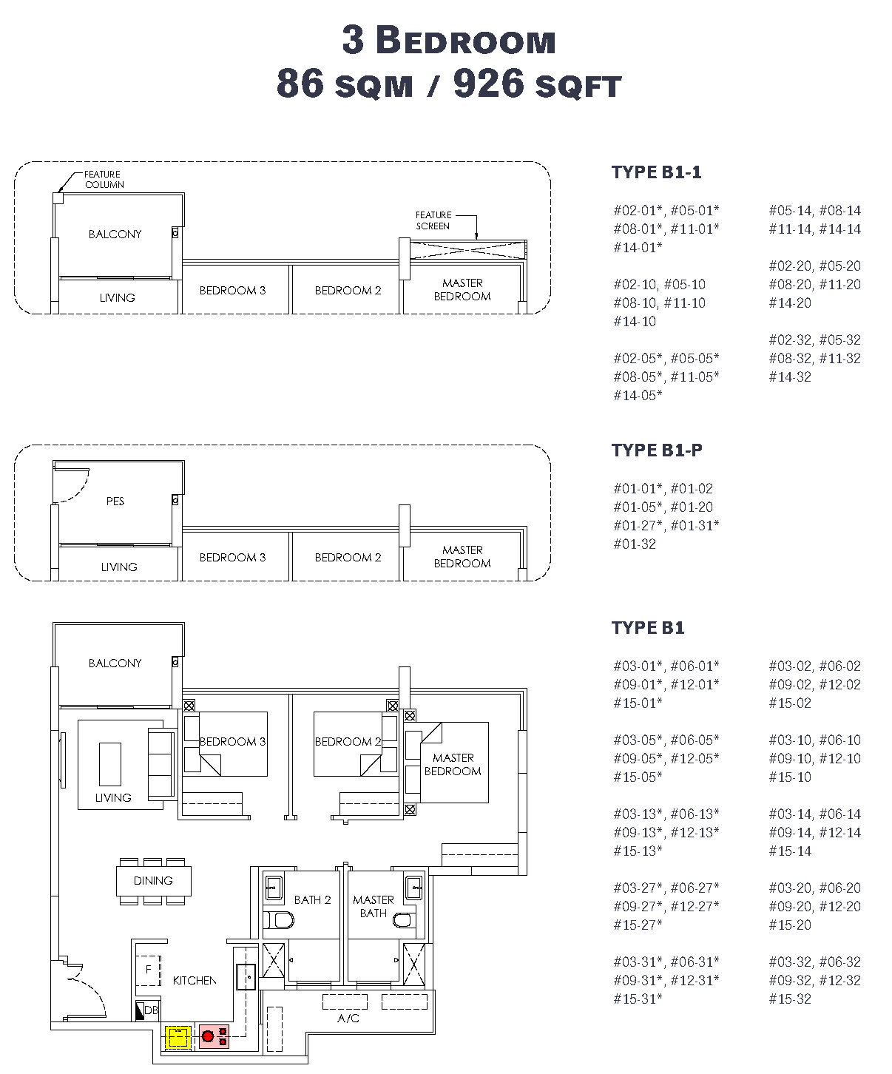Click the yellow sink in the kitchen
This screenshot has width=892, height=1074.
coord(178,1037)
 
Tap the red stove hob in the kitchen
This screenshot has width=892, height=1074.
coord(214,1037)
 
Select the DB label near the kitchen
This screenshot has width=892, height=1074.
coord(151,1010)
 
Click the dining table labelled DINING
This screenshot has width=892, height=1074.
coord(153,881)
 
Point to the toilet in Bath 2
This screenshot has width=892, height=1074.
coord(280,919)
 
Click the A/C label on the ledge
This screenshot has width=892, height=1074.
coord(348,1018)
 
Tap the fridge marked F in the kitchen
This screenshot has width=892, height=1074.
coord(148,970)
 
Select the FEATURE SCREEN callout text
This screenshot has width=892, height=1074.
coord(433,220)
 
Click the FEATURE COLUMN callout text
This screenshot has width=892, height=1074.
coord(104,180)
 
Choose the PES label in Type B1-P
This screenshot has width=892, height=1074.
coord(115,501)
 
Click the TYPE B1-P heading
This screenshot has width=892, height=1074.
coord(657,450)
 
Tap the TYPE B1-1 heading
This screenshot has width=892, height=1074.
coord(656,172)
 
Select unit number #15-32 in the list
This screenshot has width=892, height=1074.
coord(790,999)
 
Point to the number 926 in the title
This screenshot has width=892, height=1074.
coord(489,84)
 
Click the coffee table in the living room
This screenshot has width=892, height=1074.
coord(110,764)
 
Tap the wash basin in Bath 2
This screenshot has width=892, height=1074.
coord(274,888)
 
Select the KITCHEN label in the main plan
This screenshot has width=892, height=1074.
coord(195,980)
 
